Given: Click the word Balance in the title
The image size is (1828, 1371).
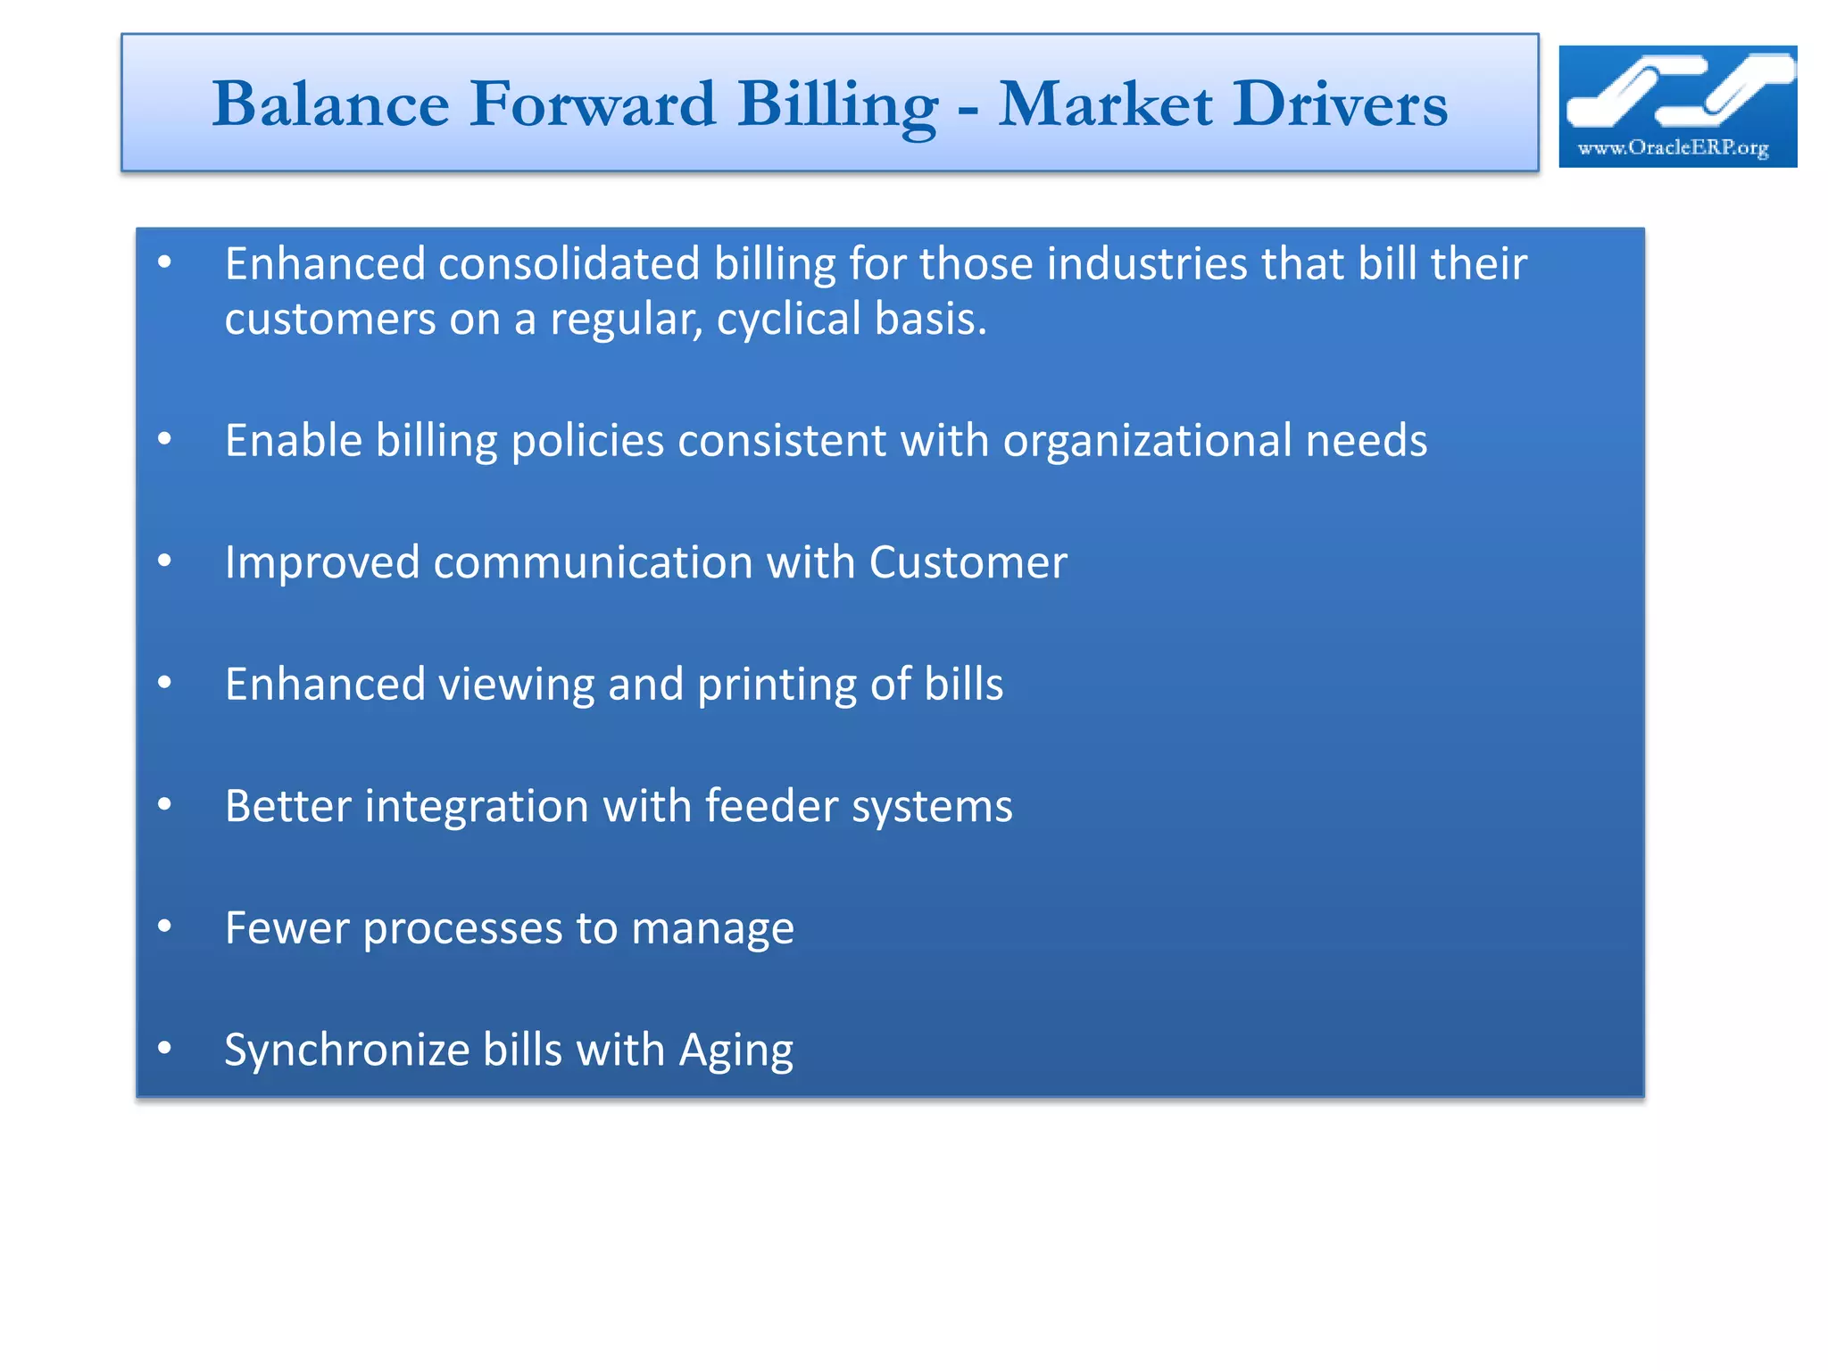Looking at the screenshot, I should (330, 104).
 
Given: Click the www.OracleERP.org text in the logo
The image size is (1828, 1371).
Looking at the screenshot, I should (1673, 147).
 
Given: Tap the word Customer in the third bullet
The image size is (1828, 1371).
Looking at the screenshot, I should (968, 562).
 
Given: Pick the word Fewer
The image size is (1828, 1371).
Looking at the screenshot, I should (287, 928).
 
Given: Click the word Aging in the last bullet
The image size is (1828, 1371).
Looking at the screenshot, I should (735, 1051).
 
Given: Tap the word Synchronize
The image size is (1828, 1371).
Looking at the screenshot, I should (347, 1051).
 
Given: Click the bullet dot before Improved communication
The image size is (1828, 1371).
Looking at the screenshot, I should (164, 561).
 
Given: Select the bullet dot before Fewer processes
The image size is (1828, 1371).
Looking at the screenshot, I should (164, 926).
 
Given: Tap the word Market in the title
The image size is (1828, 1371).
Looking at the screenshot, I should (1105, 104).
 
